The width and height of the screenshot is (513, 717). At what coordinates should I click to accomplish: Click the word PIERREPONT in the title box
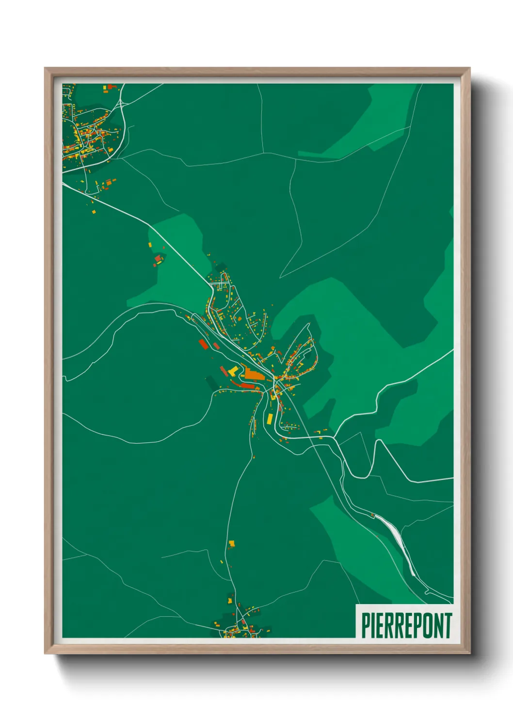[x=406, y=625]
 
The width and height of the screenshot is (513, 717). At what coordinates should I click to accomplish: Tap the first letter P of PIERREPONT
[x=365, y=625]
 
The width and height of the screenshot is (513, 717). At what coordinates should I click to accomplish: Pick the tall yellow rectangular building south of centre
[x=270, y=418]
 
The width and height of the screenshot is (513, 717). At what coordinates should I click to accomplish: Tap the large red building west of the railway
[x=203, y=344]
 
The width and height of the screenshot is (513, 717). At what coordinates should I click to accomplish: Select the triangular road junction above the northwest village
[x=122, y=103]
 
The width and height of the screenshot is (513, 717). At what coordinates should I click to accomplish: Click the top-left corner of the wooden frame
[x=46, y=69]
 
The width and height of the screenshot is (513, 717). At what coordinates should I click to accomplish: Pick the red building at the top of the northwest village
[x=112, y=87]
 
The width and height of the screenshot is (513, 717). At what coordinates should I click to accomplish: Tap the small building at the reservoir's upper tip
[x=372, y=515]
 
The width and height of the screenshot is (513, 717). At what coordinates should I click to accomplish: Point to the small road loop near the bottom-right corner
[x=426, y=592]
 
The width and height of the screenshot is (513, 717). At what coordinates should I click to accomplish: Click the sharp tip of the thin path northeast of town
[x=280, y=278]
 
